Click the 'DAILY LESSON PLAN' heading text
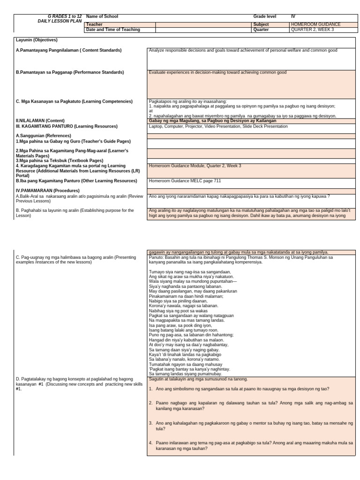60,22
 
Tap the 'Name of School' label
102,16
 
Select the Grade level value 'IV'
293,16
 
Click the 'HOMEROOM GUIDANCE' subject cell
315,24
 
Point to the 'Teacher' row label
94,24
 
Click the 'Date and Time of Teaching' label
113,30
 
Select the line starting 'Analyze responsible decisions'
243,50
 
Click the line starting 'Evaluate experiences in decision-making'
217,73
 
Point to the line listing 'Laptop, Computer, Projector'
218,126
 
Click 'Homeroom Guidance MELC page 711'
185,181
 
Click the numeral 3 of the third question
150,423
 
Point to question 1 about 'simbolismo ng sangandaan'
242,389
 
